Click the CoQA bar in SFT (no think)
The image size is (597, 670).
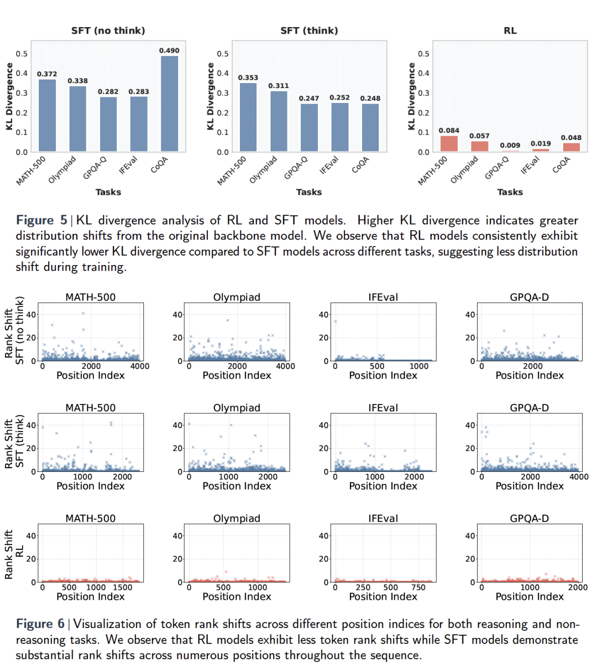point(169,103)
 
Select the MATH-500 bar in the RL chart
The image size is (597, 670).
point(449,144)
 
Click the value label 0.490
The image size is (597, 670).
point(169,50)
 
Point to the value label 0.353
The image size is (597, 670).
point(248,77)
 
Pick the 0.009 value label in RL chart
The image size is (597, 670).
point(510,146)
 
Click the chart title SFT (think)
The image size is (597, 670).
point(309,30)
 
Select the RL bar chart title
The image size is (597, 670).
point(510,30)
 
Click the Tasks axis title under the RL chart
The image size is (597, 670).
point(510,192)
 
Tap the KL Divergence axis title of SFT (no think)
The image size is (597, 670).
point(9,96)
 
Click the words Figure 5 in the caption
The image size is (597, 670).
point(41,220)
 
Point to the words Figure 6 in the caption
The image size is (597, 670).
point(40,624)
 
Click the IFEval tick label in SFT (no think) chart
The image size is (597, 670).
point(128,165)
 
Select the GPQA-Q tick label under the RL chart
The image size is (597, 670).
point(496,168)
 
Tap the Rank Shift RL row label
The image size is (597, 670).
point(14,554)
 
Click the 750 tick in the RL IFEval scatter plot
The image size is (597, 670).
point(418,588)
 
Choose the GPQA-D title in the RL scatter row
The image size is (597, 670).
point(529,518)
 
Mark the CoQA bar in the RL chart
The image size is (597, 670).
point(571,147)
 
